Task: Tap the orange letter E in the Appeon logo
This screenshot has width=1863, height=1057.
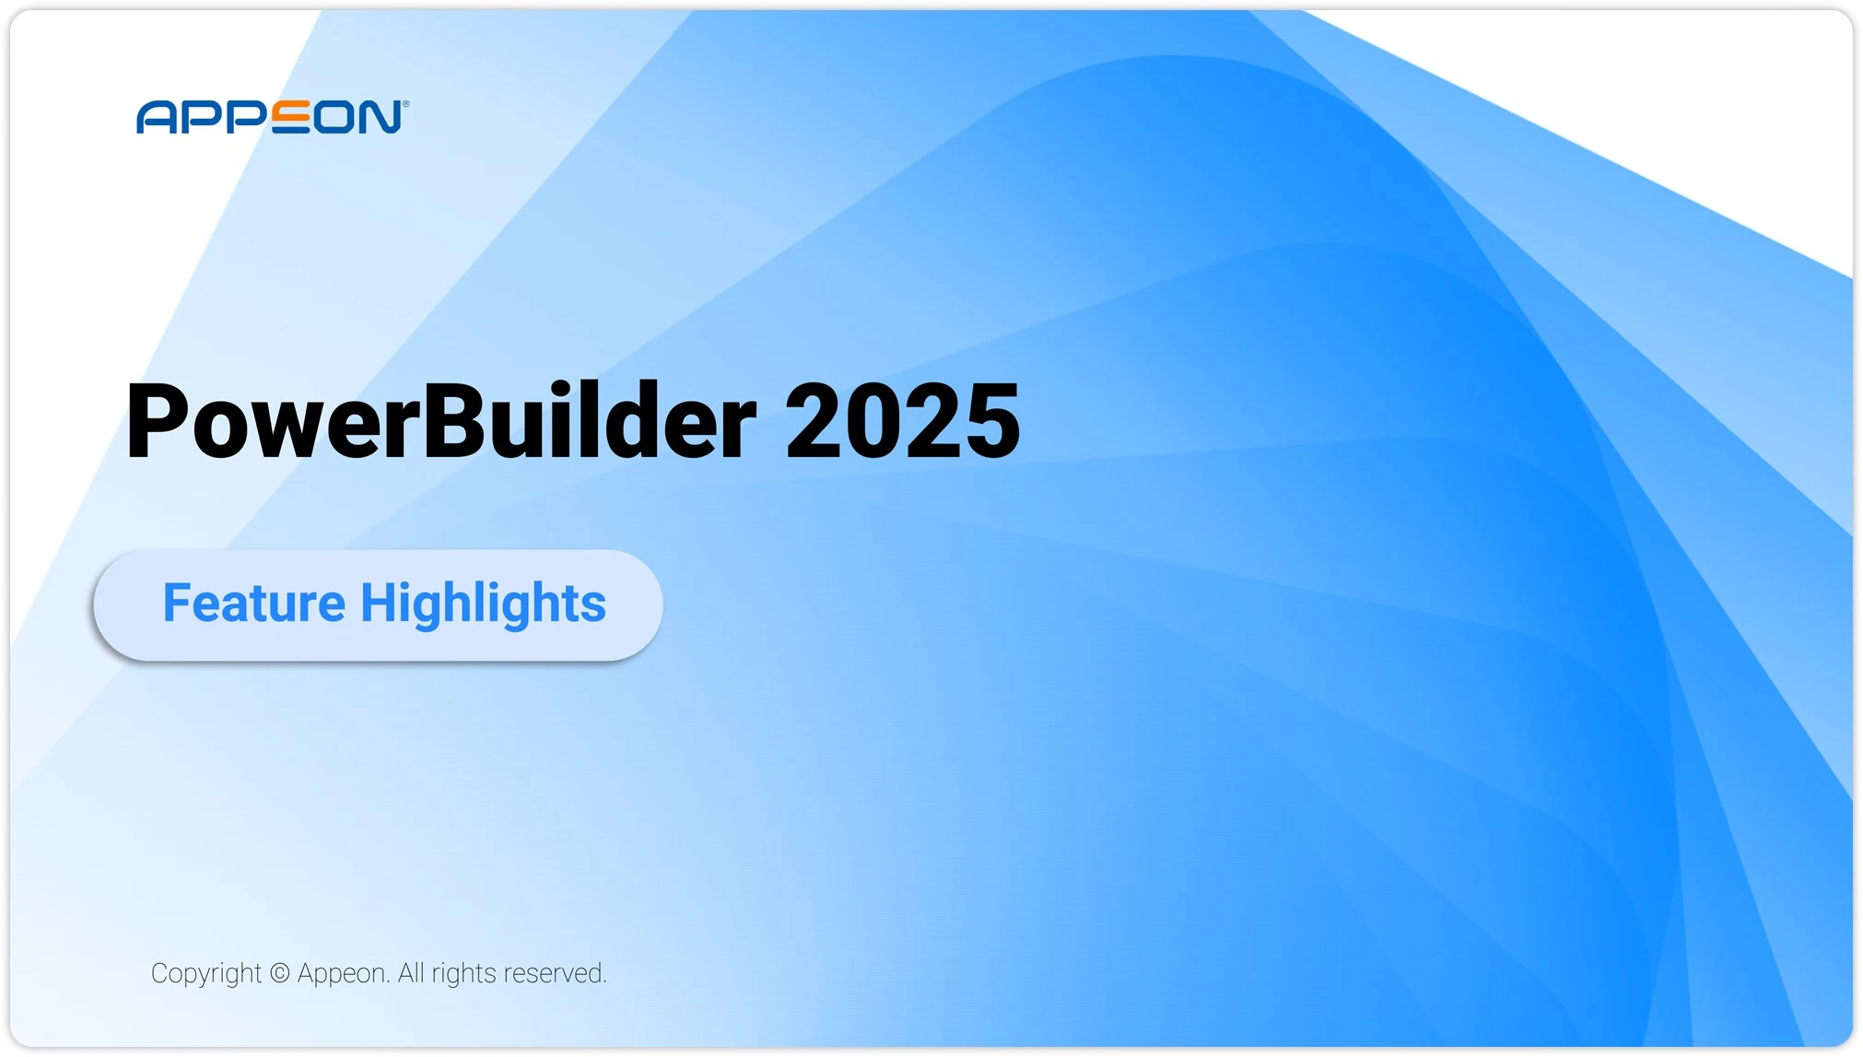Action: (291, 118)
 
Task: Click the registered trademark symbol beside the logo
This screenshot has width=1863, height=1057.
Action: (405, 104)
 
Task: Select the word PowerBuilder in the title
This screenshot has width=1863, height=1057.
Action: (440, 421)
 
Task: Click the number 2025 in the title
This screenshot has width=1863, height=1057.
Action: (902, 421)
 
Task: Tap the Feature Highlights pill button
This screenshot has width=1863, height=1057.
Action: (378, 605)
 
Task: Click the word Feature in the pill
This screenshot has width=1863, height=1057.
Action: (253, 603)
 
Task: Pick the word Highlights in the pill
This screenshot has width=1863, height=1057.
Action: (483, 605)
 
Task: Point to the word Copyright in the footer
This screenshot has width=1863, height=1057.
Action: (206, 974)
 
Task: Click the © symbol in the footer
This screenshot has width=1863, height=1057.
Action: (280, 973)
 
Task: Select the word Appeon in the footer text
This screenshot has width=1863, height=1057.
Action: (343, 974)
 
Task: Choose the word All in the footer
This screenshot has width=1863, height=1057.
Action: (411, 973)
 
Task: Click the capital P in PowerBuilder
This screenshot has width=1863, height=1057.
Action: (157, 421)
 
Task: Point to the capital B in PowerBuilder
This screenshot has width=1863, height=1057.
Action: (451, 421)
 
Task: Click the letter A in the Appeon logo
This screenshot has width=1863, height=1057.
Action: (156, 118)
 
